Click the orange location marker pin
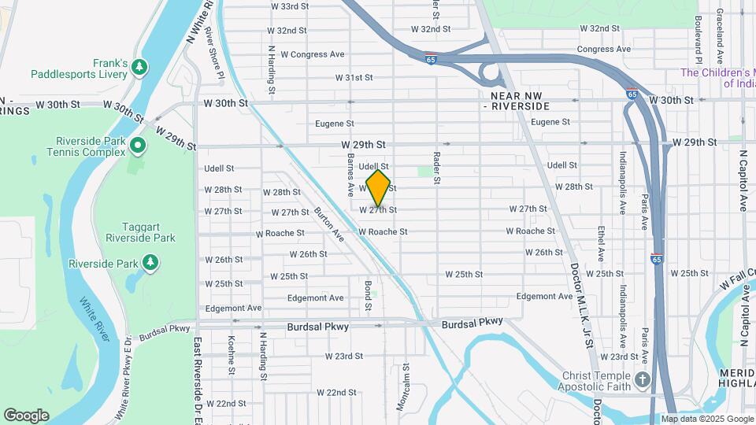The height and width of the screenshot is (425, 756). click(x=379, y=189)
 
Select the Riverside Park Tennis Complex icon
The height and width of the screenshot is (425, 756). click(x=138, y=145)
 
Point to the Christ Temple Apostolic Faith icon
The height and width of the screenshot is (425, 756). click(x=643, y=380)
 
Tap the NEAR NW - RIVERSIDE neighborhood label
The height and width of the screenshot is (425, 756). click(x=514, y=99)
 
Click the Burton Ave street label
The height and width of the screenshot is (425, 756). click(x=328, y=224)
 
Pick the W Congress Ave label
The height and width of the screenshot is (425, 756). click(x=306, y=54)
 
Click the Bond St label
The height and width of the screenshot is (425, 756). click(x=367, y=291)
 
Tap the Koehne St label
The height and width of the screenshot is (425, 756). click(x=232, y=355)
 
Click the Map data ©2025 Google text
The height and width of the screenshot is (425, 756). click(x=707, y=419)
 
